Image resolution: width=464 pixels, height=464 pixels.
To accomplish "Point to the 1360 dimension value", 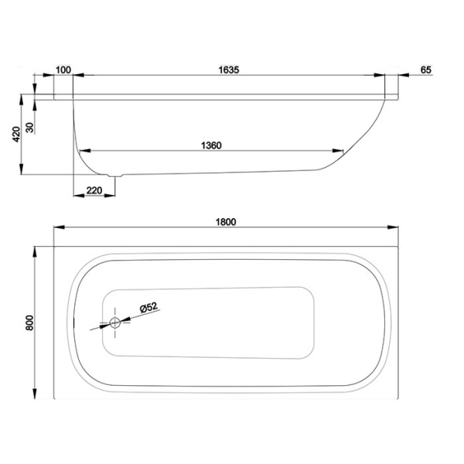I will point(211,145).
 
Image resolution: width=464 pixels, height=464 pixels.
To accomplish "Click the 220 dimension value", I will point(94,189).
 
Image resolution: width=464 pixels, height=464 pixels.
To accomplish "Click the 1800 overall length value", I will point(225,221).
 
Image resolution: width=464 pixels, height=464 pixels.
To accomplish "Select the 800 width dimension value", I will point(29,322).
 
